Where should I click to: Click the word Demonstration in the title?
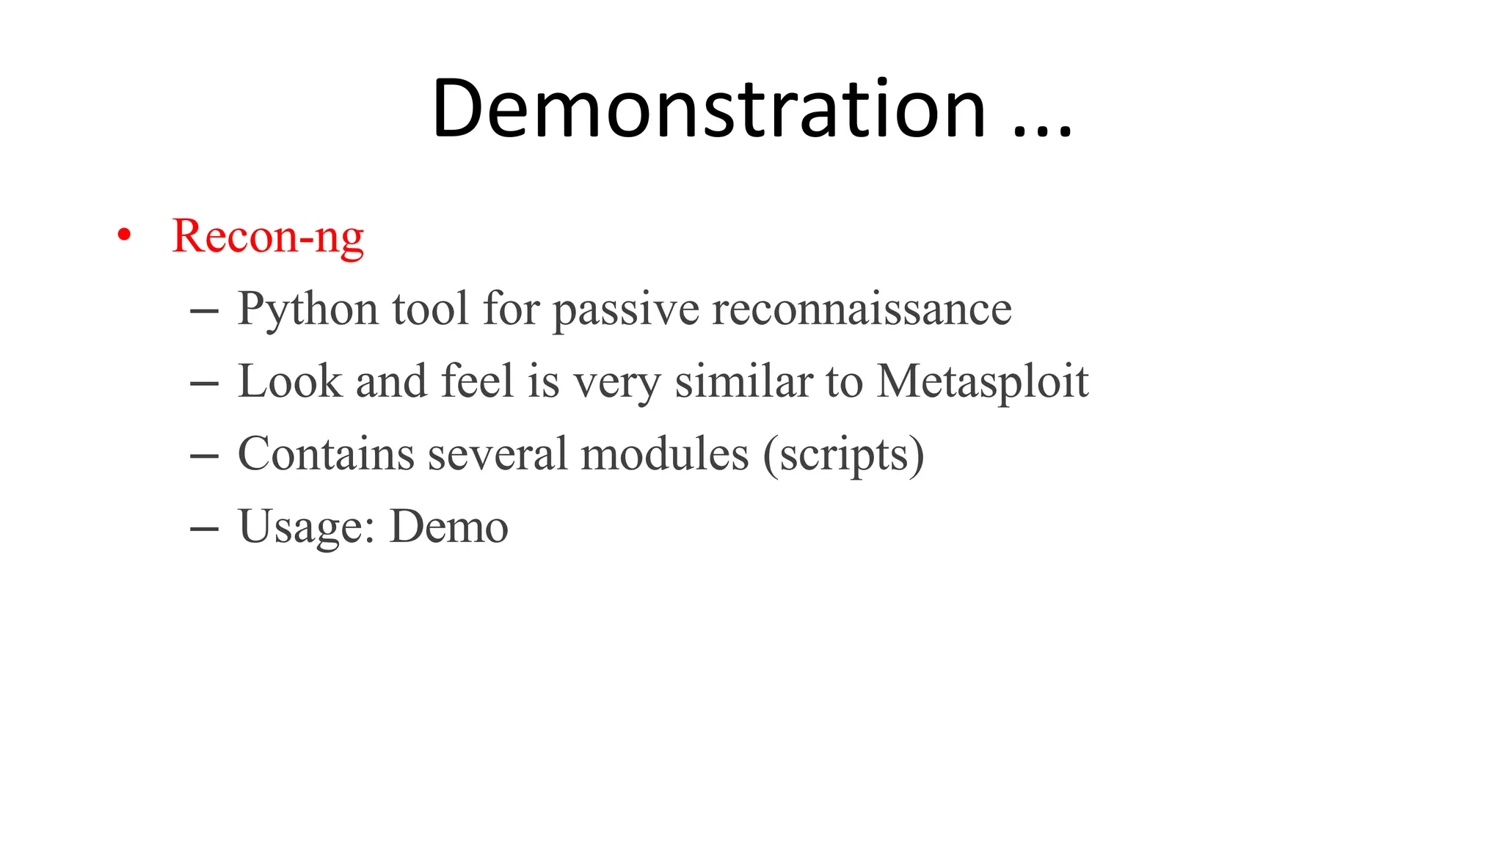click(x=709, y=109)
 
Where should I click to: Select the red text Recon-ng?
click(x=268, y=236)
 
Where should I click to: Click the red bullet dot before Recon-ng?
click(x=124, y=235)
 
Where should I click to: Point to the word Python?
click(x=307, y=309)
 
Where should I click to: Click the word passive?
click(x=626, y=309)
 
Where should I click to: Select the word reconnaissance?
click(x=862, y=309)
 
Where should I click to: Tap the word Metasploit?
click(x=983, y=381)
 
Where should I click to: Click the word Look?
click(x=290, y=381)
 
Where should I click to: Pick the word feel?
click(x=477, y=381)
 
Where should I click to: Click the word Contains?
click(x=326, y=454)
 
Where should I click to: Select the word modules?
click(x=664, y=454)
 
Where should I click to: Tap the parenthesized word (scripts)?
click(x=843, y=455)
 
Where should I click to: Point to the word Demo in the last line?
click(x=448, y=527)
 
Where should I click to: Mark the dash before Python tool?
click(x=203, y=310)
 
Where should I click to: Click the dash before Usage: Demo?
click(x=203, y=528)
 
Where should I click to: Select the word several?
click(x=497, y=454)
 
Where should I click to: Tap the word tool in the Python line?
click(x=430, y=309)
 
